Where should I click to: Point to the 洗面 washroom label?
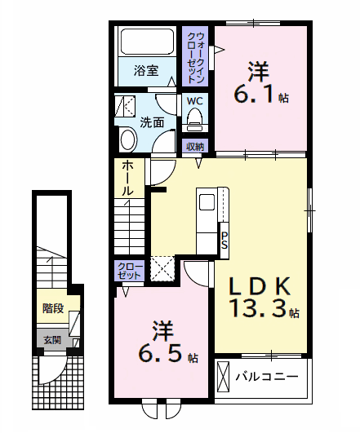click(x=151, y=123)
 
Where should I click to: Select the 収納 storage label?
click(x=194, y=147)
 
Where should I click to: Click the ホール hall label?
click(x=128, y=178)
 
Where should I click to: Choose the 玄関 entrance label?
click(x=51, y=340)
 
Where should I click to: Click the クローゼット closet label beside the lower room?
click(x=130, y=271)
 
